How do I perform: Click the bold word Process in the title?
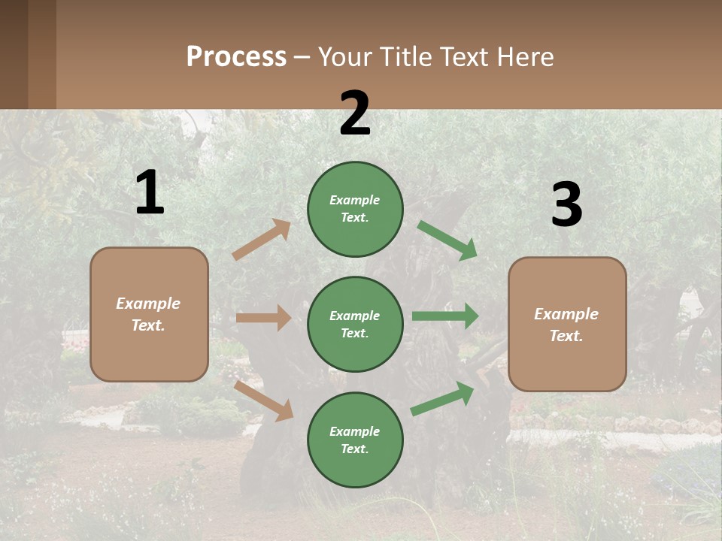(x=236, y=57)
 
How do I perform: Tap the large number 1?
(x=150, y=192)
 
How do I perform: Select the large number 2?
(x=355, y=113)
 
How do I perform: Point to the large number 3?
(x=566, y=205)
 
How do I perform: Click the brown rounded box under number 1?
(x=149, y=314)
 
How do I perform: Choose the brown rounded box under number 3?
(x=567, y=325)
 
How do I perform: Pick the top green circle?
(x=355, y=209)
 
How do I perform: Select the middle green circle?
(x=355, y=324)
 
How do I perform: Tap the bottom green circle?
(x=355, y=440)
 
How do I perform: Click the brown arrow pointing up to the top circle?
(x=262, y=240)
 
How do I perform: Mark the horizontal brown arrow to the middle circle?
(x=263, y=318)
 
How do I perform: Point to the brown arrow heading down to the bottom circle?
(x=264, y=400)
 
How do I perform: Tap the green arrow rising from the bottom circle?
(x=442, y=398)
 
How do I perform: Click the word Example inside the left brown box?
(x=148, y=304)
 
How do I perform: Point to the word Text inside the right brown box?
(x=565, y=336)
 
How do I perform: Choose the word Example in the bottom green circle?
(x=355, y=431)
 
